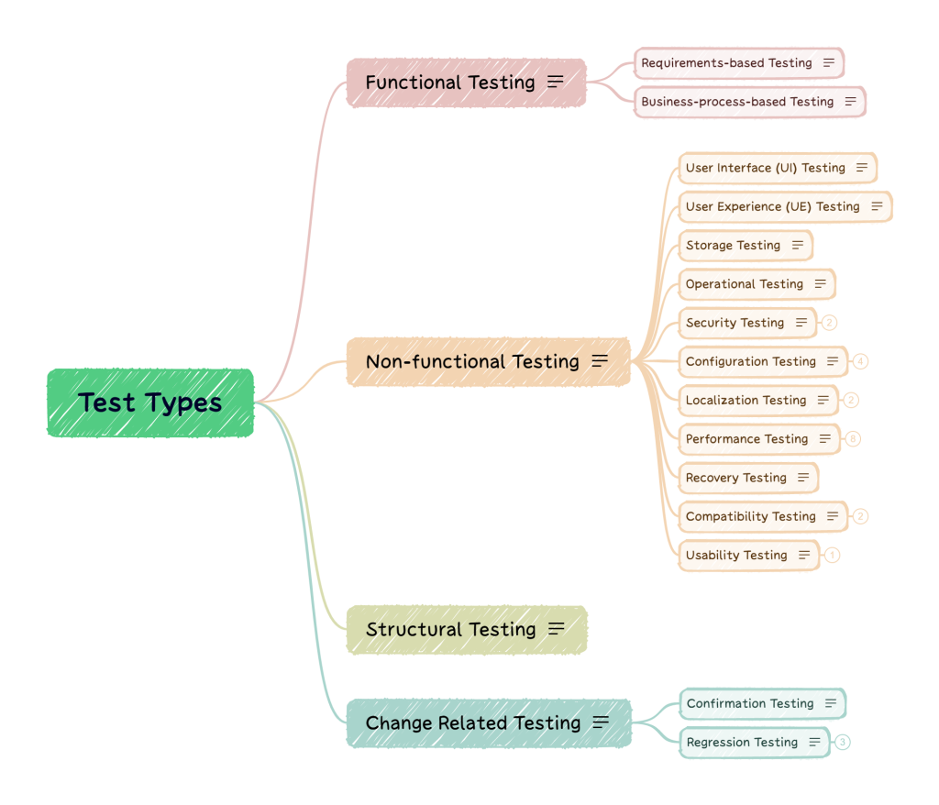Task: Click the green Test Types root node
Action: pos(150,402)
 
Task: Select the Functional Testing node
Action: pos(450,83)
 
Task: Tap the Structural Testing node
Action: pos(451,630)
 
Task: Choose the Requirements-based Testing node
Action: pos(726,63)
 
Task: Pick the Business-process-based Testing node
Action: pos(737,102)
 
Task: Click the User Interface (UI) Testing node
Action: pos(766,168)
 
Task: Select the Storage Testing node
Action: pos(733,246)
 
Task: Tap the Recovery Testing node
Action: pos(736,478)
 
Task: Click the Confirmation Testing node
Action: pos(750,704)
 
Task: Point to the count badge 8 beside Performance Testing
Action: pos(854,439)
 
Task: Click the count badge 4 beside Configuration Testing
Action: pos(860,361)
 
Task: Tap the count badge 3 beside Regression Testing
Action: pos(843,743)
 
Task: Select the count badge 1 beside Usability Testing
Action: pos(832,556)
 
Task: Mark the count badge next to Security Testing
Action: pos(829,323)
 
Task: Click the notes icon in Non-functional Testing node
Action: pos(600,361)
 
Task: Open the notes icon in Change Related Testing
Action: pos(601,722)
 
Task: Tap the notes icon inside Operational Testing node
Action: pos(820,284)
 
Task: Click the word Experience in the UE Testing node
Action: pos(750,207)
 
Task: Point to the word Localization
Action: pos(723,401)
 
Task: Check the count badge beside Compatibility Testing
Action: pos(860,517)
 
